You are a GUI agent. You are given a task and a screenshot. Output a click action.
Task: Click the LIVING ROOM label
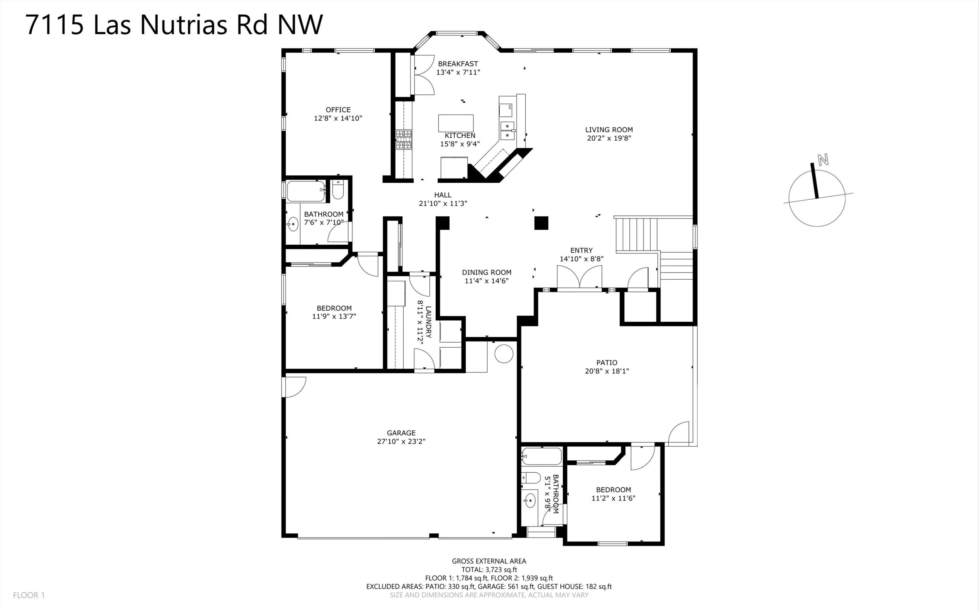tap(609, 130)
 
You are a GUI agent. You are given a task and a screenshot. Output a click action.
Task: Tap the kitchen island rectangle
tap(456, 123)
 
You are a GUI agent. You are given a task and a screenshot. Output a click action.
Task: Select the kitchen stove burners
tap(403, 140)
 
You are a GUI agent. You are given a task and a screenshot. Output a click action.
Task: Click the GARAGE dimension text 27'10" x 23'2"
tap(401, 442)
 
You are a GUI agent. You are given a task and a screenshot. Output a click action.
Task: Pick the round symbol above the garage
tap(504, 354)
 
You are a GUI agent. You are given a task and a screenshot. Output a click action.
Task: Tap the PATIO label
tap(607, 362)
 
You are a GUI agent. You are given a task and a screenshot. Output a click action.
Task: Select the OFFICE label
tap(338, 110)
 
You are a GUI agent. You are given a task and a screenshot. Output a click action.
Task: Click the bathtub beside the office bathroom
tap(305, 191)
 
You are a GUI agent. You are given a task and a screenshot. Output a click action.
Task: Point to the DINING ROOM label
tap(487, 272)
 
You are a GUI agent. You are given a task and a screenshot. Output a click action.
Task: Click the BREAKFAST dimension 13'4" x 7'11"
tap(458, 72)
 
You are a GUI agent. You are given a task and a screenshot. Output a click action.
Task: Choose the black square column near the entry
tap(541, 223)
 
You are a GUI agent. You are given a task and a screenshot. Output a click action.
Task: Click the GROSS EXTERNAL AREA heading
tap(489, 561)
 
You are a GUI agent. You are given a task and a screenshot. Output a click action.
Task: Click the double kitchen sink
tap(507, 131)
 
